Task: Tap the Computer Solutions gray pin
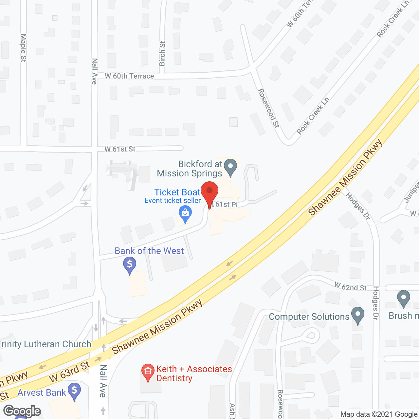(x=358, y=315)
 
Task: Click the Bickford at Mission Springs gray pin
(x=231, y=167)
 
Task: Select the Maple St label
(x=23, y=48)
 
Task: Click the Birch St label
(x=162, y=54)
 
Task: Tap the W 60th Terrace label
(x=129, y=76)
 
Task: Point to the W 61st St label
(x=120, y=149)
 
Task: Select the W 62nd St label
(x=350, y=287)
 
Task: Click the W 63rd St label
(x=69, y=372)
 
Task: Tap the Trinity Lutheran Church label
(x=45, y=344)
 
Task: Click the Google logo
(x=22, y=411)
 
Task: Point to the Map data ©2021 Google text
(x=379, y=414)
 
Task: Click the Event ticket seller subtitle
(x=173, y=201)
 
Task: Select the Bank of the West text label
(x=149, y=251)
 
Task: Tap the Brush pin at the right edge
(x=403, y=299)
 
